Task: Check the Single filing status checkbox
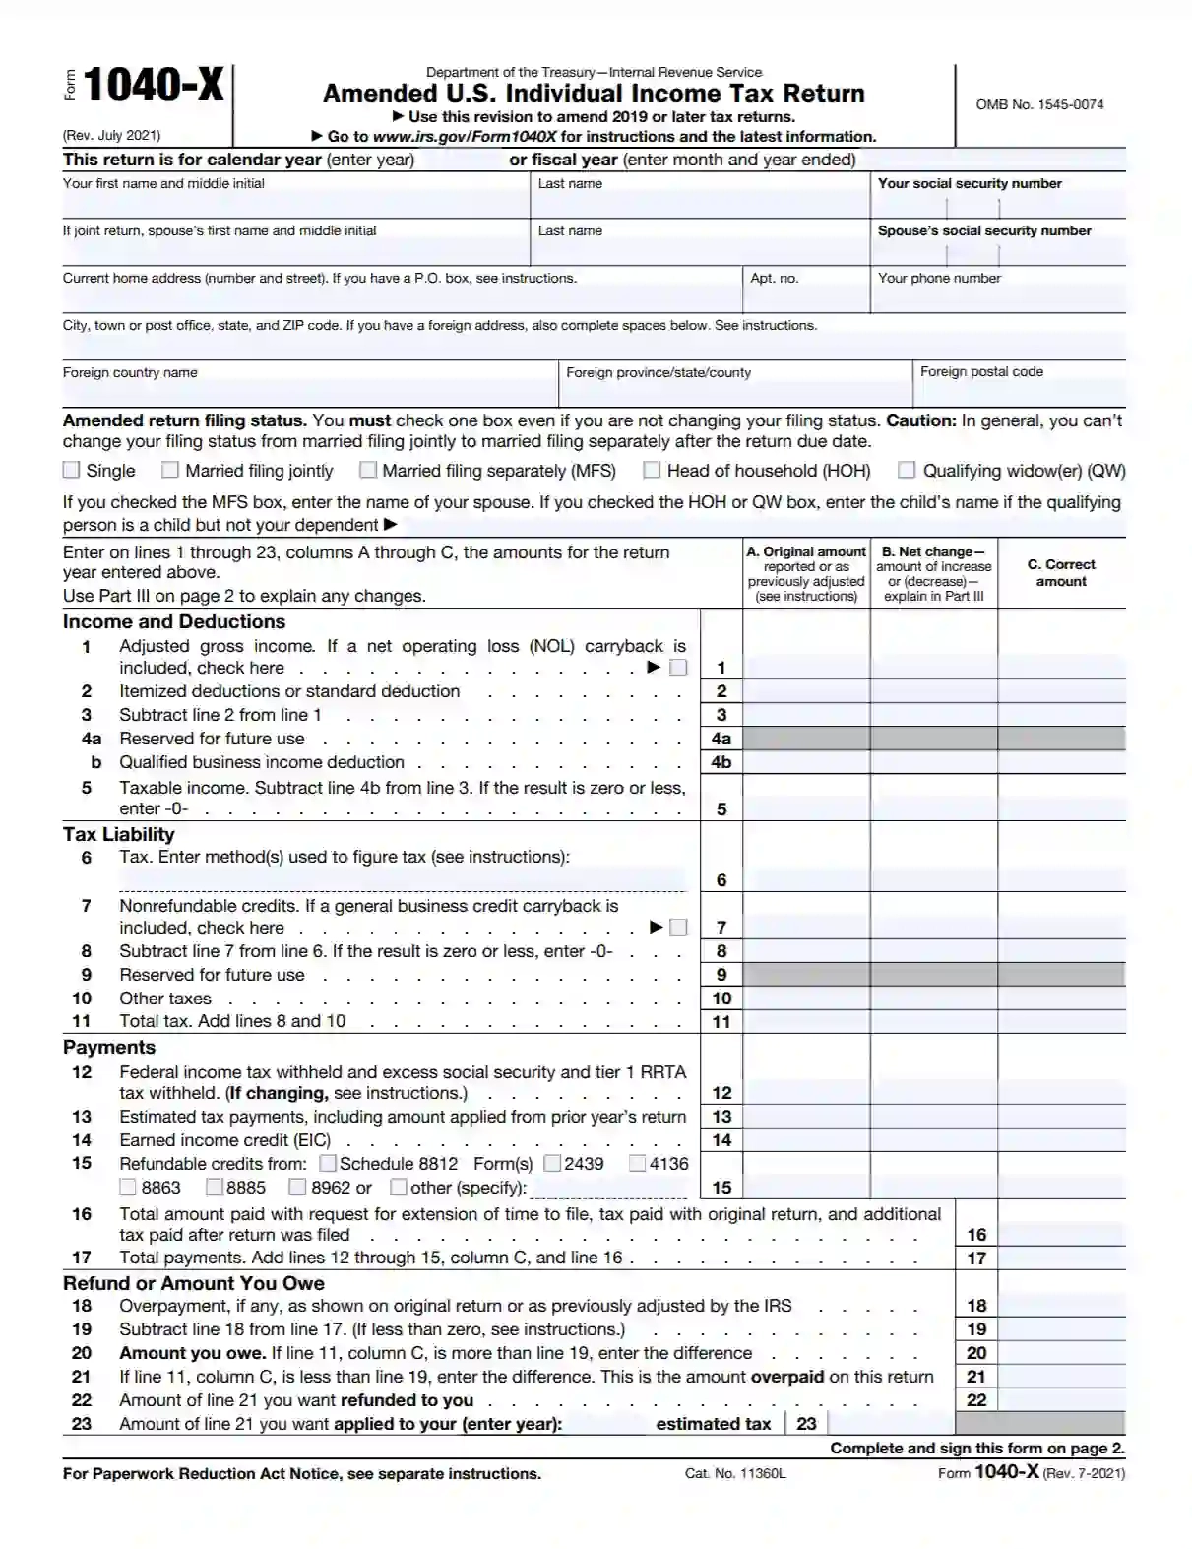point(71,470)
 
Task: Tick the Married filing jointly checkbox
point(170,470)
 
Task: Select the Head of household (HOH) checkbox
point(652,470)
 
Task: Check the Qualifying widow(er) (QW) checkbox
point(907,470)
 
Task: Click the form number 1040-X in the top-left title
point(154,86)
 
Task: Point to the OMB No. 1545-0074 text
point(1039,104)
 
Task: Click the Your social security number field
point(997,207)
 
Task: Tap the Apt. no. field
point(805,299)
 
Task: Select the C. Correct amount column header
point(1061,573)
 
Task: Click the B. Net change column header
point(933,573)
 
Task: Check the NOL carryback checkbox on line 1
point(678,668)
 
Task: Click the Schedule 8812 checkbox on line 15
point(328,1164)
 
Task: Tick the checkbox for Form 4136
point(638,1164)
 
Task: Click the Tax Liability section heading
point(119,834)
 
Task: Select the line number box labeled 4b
point(721,762)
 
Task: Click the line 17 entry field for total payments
point(1061,1258)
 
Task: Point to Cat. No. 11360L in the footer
point(735,1474)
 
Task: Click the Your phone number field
point(997,299)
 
